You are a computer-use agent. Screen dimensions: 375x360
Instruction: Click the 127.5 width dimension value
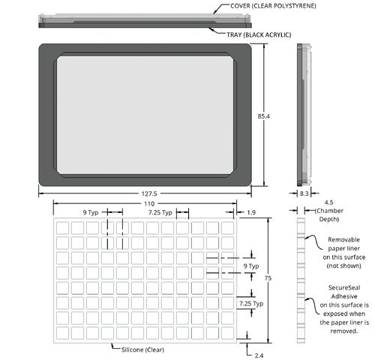[x=149, y=193]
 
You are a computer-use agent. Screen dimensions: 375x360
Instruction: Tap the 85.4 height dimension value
[x=264, y=116]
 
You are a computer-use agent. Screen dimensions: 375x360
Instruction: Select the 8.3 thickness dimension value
[x=304, y=193]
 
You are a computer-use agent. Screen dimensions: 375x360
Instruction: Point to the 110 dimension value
[x=149, y=204]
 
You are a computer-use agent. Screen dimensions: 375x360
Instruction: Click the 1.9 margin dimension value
[x=251, y=212]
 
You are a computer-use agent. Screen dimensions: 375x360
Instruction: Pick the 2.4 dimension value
[x=259, y=355]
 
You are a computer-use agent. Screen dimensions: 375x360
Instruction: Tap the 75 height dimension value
[x=268, y=278]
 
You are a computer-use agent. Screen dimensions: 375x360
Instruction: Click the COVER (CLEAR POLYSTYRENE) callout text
[x=273, y=6]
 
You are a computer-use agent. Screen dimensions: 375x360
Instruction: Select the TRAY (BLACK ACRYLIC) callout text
[x=259, y=34]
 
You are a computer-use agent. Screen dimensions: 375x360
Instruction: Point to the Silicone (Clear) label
[x=142, y=349]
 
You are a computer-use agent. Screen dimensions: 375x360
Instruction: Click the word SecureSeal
[x=344, y=288]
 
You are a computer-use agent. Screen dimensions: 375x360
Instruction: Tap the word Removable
[x=344, y=240]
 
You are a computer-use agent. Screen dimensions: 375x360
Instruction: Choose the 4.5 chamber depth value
[x=328, y=202]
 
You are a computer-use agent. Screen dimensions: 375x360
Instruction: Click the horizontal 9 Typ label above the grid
[x=91, y=213]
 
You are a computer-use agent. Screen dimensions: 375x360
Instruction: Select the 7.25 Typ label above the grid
[x=160, y=213]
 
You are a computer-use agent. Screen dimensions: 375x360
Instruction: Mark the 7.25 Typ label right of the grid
[x=251, y=304]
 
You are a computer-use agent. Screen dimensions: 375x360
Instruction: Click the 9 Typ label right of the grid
[x=251, y=266]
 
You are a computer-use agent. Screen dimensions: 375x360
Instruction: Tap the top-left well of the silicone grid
[x=62, y=228]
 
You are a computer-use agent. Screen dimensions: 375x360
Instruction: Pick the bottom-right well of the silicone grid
[x=227, y=333]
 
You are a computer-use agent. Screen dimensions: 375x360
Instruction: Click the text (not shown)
[x=344, y=265]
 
